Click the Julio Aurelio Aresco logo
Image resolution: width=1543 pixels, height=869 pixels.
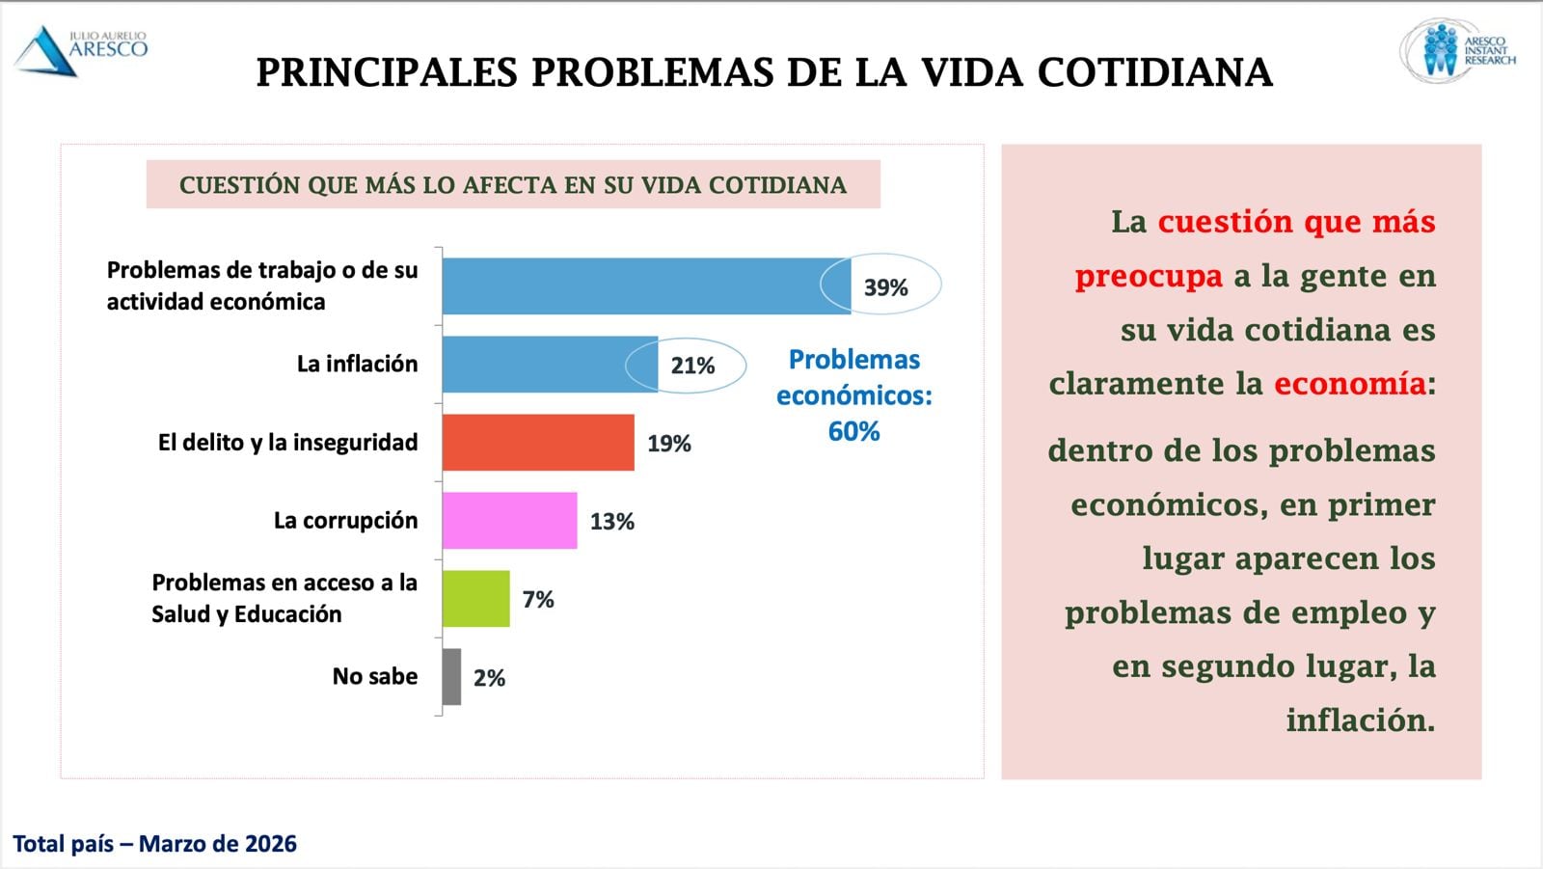click(81, 50)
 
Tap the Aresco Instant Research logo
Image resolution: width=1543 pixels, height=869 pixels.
click(1457, 50)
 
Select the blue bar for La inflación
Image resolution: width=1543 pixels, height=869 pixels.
click(550, 365)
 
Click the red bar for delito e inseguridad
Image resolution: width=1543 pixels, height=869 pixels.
click(538, 443)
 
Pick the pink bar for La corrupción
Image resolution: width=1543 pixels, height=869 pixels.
click(509, 521)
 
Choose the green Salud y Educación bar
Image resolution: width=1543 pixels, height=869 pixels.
click(475, 599)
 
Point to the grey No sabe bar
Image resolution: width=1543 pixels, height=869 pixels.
click(451, 677)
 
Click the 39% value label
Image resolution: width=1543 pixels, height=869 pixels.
click(885, 287)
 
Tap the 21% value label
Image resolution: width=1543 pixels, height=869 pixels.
click(692, 366)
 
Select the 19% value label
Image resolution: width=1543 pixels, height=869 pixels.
click(669, 444)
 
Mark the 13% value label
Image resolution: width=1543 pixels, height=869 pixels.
click(612, 522)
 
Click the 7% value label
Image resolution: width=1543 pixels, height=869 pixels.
click(538, 600)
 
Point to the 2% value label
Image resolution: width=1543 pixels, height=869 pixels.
click(489, 678)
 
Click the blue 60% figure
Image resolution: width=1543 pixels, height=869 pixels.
click(853, 431)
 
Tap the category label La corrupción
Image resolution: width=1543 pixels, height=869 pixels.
click(345, 521)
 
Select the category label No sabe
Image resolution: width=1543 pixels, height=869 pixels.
click(375, 676)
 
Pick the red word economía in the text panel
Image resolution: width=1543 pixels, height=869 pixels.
click(1349, 384)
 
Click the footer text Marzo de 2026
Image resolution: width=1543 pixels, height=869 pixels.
click(218, 844)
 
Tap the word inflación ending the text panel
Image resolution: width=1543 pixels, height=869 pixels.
click(1360, 720)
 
